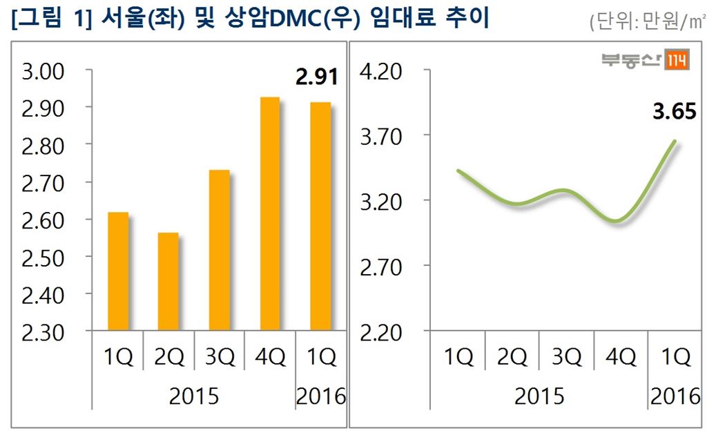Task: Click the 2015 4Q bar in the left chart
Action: point(270,214)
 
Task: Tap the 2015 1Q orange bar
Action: point(117,271)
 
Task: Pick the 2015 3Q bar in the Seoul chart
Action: point(219,250)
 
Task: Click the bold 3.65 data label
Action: point(674,111)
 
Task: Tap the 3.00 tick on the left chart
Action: point(43,71)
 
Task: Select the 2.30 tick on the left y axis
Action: point(43,332)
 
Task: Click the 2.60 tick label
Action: point(43,220)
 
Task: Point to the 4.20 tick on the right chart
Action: point(381,71)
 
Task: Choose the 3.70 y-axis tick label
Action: point(381,137)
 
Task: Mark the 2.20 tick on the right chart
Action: point(381,332)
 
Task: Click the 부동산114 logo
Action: point(645,61)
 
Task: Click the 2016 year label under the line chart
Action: point(675,396)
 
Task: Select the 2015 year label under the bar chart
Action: point(194,396)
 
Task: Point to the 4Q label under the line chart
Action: point(621,357)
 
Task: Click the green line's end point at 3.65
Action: point(674,142)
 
